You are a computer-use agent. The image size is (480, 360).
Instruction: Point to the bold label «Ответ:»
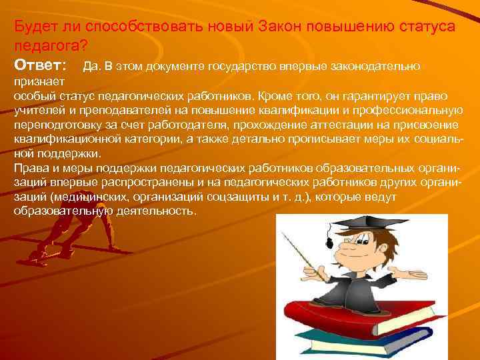pyautogui.click(x=40, y=65)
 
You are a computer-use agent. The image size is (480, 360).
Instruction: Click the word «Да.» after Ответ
pyautogui.click(x=91, y=66)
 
